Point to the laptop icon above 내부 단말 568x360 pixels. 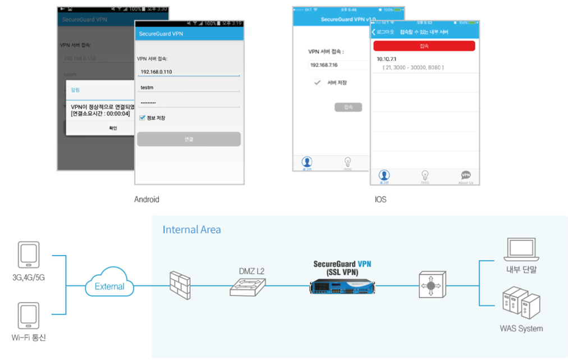click(x=521, y=250)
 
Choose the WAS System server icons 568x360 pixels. click(x=521, y=304)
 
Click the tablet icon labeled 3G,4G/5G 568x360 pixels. click(x=29, y=256)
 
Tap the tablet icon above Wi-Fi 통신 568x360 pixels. click(x=29, y=316)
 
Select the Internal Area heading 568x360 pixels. click(x=191, y=230)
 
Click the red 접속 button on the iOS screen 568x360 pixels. click(x=424, y=46)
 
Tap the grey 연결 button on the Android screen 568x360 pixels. click(x=189, y=139)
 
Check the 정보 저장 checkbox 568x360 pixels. click(x=142, y=118)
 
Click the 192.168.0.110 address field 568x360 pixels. click(x=188, y=72)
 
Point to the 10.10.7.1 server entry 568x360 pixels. click(x=387, y=58)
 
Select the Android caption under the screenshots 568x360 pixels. click(x=146, y=199)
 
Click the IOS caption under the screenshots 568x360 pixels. click(x=381, y=199)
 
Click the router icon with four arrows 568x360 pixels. click(x=430, y=286)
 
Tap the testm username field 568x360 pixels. click(x=188, y=88)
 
